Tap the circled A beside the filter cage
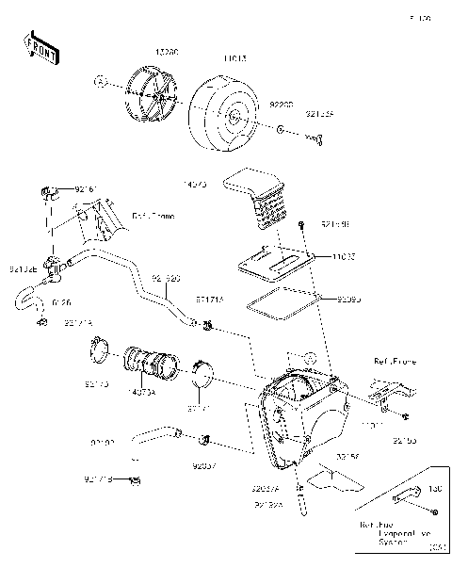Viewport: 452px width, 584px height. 97,82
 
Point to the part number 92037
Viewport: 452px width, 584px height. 204,465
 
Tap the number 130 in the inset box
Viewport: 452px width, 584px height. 435,489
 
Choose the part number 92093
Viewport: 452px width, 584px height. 349,300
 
